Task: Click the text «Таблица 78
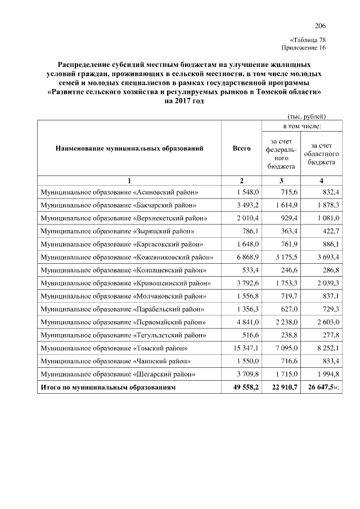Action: (308, 40)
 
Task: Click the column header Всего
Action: (241, 148)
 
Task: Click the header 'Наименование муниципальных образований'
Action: (129, 148)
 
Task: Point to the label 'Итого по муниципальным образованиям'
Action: (109, 388)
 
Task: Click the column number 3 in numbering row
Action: (281, 181)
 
